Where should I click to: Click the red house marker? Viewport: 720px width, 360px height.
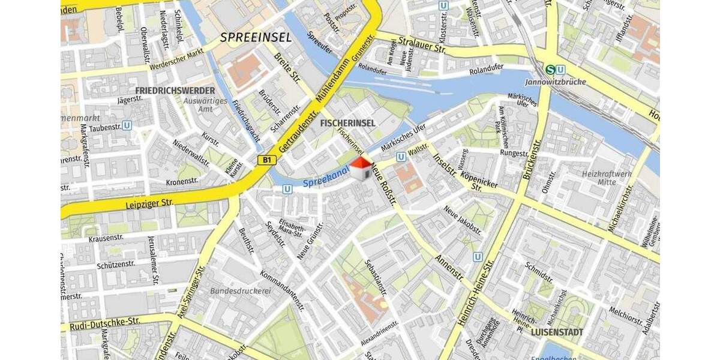(x=360, y=169)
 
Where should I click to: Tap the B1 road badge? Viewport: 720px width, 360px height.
(x=266, y=160)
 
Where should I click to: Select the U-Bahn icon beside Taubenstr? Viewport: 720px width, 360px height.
(x=127, y=126)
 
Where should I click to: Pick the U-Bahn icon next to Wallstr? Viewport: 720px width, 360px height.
(x=400, y=156)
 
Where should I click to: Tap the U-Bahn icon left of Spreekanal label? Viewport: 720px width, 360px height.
(x=287, y=189)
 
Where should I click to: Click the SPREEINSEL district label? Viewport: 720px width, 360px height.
(x=256, y=37)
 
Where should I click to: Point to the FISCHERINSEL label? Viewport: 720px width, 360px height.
(x=348, y=123)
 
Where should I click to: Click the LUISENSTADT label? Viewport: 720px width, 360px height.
(x=557, y=331)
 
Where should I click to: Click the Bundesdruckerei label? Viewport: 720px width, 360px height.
(x=241, y=291)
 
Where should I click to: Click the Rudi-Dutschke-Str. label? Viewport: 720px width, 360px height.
(x=105, y=322)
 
